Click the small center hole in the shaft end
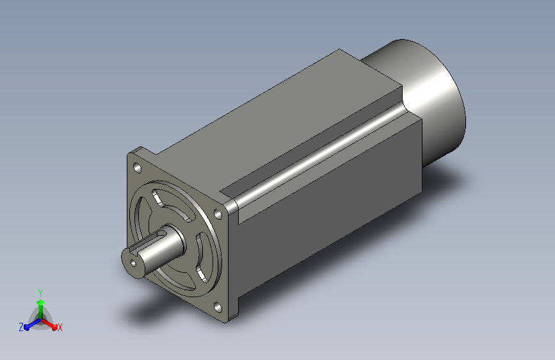[133, 263]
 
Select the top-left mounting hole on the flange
[138, 168]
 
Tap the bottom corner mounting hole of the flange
[218, 307]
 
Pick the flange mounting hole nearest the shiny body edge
[218, 214]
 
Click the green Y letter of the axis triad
[40, 293]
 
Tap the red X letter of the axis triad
[60, 328]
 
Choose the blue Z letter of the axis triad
[21, 327]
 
